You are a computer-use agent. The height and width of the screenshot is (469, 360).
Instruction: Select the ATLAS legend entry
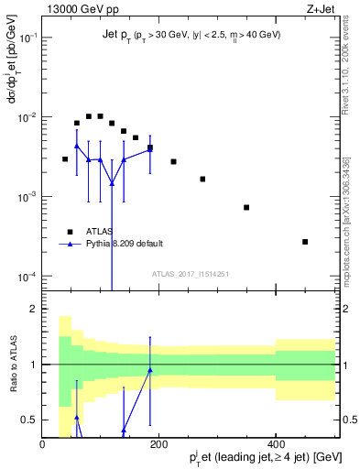click(x=92, y=230)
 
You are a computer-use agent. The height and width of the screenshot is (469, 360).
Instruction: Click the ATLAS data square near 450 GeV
click(x=305, y=242)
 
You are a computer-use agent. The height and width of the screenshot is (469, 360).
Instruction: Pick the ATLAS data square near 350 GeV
click(x=246, y=207)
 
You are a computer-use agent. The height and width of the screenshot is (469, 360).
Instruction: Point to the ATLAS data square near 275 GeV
click(x=202, y=179)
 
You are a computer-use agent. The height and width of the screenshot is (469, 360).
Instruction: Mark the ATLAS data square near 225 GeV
click(x=173, y=161)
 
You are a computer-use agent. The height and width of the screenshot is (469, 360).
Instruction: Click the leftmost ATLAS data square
click(x=65, y=159)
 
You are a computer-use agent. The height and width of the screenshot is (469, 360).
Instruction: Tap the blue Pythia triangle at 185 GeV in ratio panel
click(x=150, y=370)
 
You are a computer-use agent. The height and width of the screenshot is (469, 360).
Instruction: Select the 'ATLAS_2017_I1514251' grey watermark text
click(x=190, y=274)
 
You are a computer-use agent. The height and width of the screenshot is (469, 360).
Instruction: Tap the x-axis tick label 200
click(x=159, y=445)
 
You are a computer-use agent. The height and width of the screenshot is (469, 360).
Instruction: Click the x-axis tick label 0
click(x=42, y=445)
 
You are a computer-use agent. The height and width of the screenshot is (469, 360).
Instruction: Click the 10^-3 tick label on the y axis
click(x=25, y=197)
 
